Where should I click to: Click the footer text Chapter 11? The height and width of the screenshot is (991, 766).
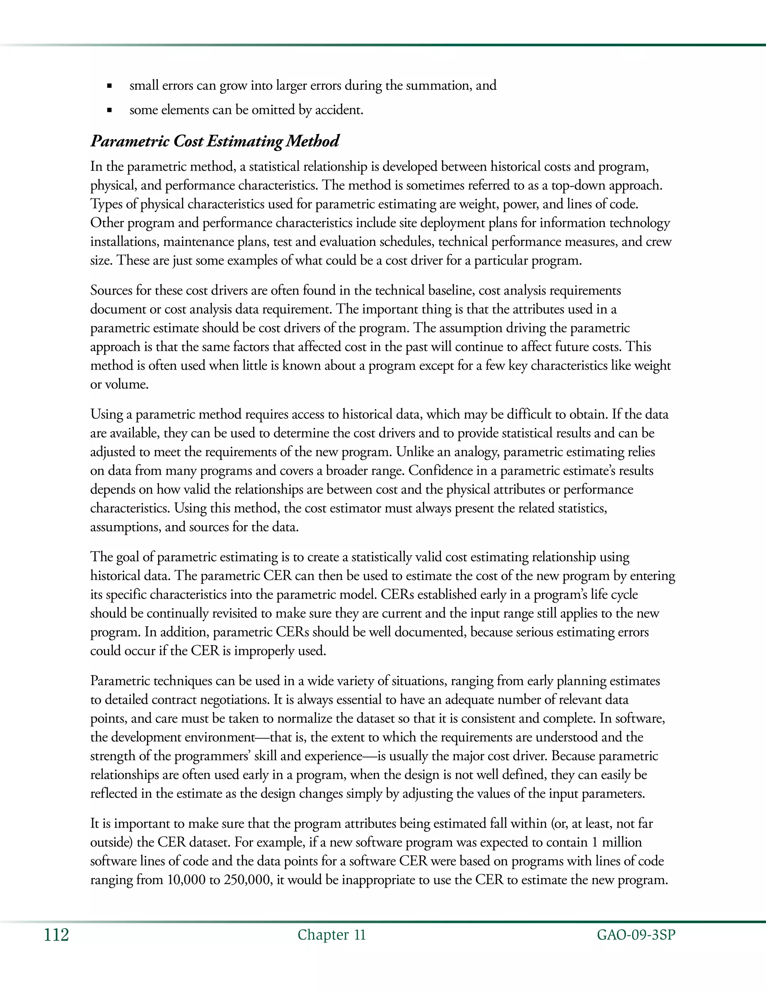pyautogui.click(x=331, y=935)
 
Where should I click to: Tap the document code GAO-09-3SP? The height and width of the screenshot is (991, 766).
pyautogui.click(x=636, y=935)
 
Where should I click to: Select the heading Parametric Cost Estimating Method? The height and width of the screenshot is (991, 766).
pyautogui.click(x=215, y=141)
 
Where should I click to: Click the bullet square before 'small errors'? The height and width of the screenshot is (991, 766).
pyautogui.click(x=109, y=86)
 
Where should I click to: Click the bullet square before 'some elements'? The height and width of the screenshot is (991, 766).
pyautogui.click(x=109, y=110)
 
